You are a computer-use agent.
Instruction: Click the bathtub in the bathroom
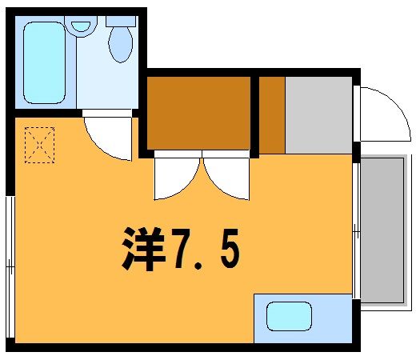click(x=45, y=62)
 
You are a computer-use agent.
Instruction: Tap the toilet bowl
click(x=121, y=45)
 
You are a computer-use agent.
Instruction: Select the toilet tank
click(x=121, y=21)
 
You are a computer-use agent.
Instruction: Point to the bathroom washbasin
click(x=81, y=26)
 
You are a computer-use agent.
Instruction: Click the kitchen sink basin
click(x=289, y=316)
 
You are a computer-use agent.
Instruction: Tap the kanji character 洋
click(x=143, y=249)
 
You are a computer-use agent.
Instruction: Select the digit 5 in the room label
click(x=230, y=248)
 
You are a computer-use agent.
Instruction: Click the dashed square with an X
click(x=40, y=145)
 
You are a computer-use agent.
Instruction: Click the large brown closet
click(x=198, y=113)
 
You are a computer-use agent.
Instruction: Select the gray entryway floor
click(x=318, y=115)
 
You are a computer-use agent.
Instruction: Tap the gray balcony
click(x=382, y=230)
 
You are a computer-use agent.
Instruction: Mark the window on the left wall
click(x=10, y=266)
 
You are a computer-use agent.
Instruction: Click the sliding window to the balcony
click(x=356, y=230)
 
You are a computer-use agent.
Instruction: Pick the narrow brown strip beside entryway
click(x=272, y=115)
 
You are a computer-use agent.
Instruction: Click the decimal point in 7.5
click(x=198, y=266)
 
